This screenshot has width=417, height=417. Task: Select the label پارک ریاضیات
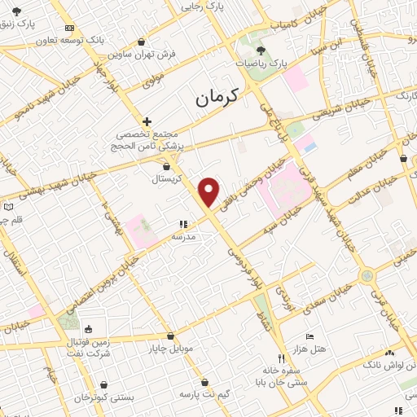point(262,62)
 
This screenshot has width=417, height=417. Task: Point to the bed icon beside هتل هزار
point(309,336)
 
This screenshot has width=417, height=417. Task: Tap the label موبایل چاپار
point(170,349)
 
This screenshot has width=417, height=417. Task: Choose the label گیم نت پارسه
point(206,394)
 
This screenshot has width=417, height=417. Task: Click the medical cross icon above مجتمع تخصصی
point(147,121)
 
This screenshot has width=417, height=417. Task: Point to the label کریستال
point(173,177)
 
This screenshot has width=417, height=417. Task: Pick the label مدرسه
point(182,236)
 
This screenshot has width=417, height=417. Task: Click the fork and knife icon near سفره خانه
point(281,358)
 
